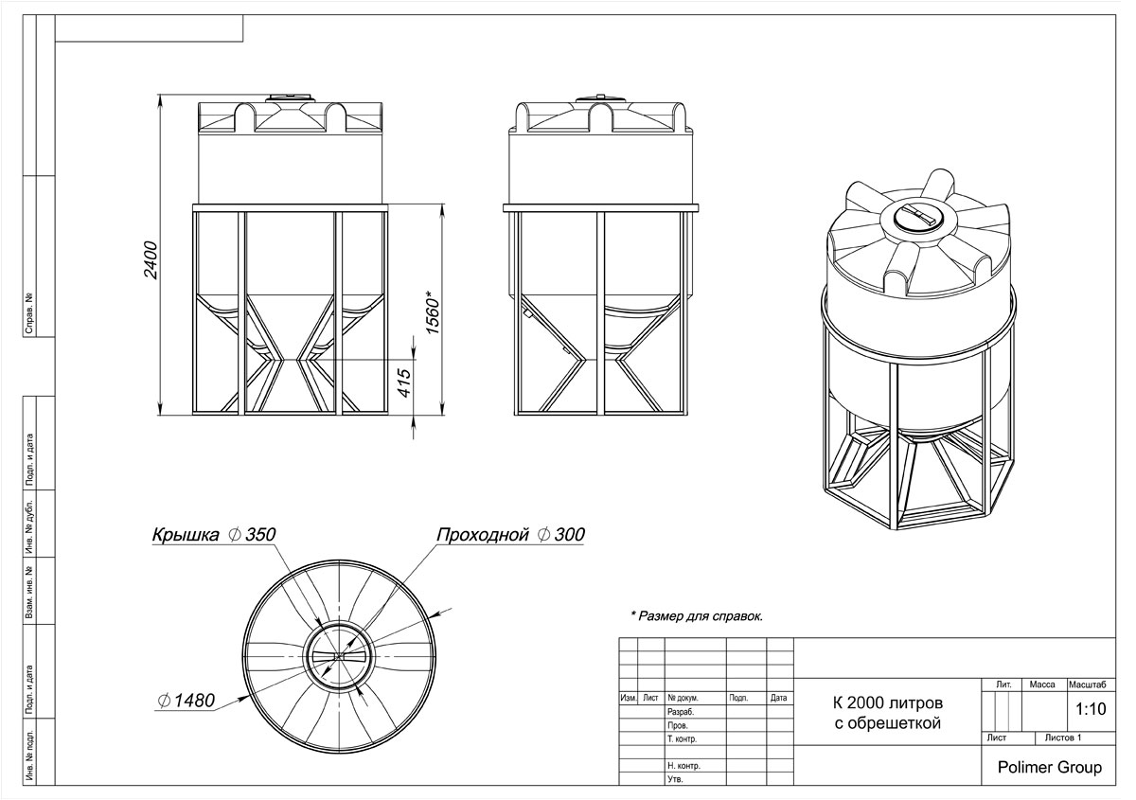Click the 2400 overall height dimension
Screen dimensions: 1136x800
[x=151, y=259]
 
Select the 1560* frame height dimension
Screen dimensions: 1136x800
[x=433, y=312]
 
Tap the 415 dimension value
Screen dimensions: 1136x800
[x=404, y=382]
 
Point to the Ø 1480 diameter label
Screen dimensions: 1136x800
[x=186, y=701]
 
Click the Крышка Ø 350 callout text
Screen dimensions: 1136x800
[x=214, y=534]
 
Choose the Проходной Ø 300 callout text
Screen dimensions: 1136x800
[x=510, y=534]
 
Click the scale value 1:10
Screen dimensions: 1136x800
[x=1091, y=709]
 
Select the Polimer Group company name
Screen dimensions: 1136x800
[x=1050, y=767]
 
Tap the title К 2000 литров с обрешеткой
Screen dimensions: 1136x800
[x=888, y=713]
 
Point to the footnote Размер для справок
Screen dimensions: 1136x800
[x=697, y=616]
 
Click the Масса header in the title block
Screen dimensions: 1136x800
[x=1042, y=684]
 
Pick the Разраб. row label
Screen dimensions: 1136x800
[x=681, y=712]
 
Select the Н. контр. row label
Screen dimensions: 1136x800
[x=683, y=766]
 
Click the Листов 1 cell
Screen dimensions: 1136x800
[x=1063, y=738]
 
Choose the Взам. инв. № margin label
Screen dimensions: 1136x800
[x=29, y=592]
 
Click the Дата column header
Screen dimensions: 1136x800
[x=778, y=698]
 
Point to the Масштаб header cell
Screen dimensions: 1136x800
[x=1088, y=684]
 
